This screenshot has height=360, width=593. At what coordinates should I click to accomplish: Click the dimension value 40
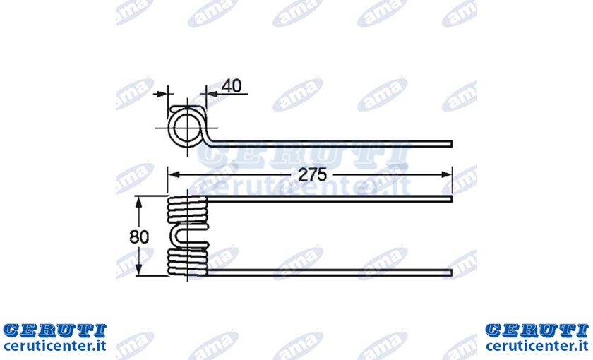232,86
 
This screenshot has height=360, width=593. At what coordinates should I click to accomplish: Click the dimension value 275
312,175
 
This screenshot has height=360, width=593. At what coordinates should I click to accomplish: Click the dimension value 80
139,236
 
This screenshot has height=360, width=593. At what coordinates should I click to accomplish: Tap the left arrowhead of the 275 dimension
174,174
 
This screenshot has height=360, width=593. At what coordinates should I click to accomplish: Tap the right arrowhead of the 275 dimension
447,174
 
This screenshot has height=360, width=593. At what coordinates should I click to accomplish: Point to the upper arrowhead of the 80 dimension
139,202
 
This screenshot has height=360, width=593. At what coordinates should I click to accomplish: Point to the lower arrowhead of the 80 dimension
139,270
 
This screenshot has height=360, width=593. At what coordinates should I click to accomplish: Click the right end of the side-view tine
452,144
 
